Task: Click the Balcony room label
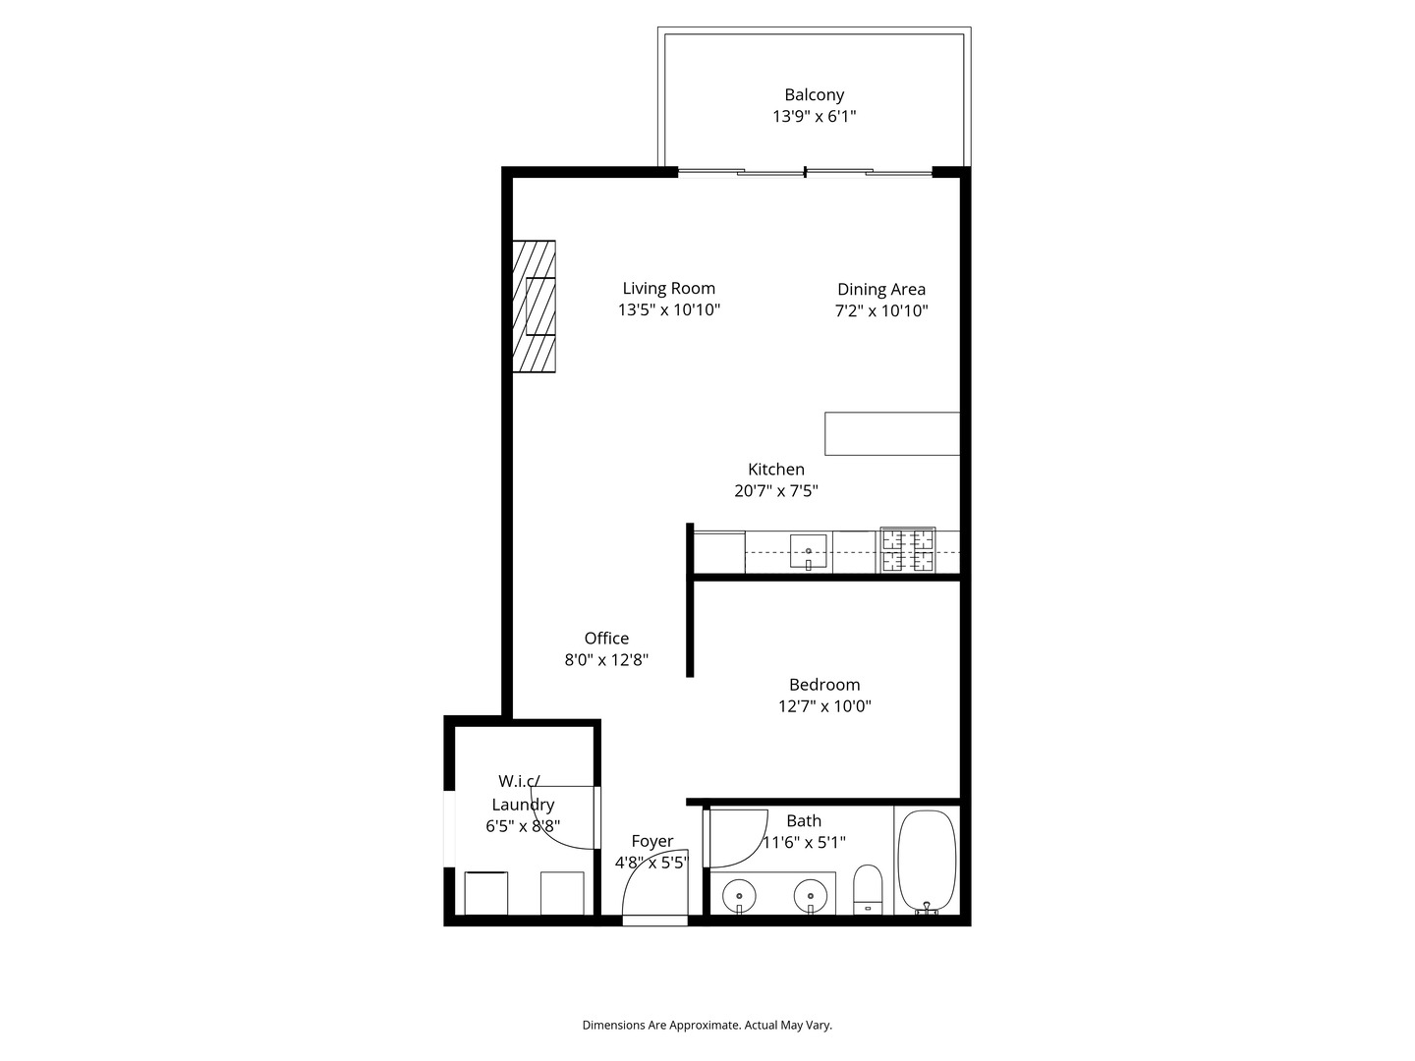tap(814, 95)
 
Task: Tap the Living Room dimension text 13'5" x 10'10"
tap(668, 310)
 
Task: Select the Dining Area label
tap(880, 289)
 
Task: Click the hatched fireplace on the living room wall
tap(535, 307)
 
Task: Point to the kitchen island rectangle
tap(891, 433)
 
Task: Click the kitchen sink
tap(808, 552)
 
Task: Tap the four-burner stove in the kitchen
tap(907, 550)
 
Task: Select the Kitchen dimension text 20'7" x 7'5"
tap(775, 491)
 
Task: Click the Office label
tap(606, 639)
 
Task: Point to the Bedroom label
tap(823, 685)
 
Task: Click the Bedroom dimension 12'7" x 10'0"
tap(823, 706)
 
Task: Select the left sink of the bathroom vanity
tap(739, 896)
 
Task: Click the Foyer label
tap(651, 841)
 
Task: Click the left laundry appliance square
tap(485, 893)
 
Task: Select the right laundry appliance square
tap(562, 893)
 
